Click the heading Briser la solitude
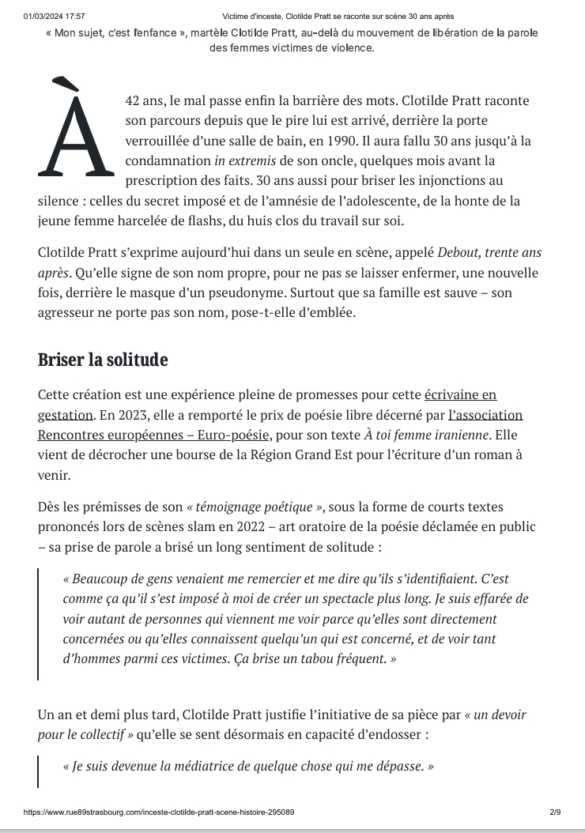point(103,360)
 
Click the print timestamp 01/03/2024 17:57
point(55,16)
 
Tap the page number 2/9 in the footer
point(555,812)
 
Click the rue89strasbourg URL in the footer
point(159,812)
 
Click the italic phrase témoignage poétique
point(255,507)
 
